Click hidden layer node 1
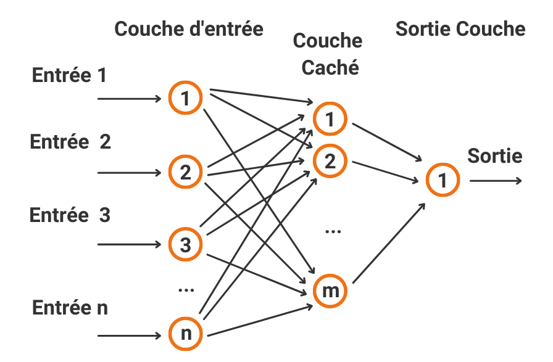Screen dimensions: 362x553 click(330, 119)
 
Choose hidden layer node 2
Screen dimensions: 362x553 click(330, 160)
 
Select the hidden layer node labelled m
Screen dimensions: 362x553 click(330, 290)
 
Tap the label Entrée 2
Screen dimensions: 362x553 click(70, 142)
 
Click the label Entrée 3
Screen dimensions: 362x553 click(70, 215)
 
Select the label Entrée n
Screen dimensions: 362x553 click(70, 308)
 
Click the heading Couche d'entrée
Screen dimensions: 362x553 click(189, 29)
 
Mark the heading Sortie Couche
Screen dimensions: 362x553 click(460, 29)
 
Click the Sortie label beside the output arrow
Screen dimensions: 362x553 click(494, 155)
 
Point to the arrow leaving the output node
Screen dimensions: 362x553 click(496, 181)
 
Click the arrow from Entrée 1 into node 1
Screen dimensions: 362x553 click(130, 99)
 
